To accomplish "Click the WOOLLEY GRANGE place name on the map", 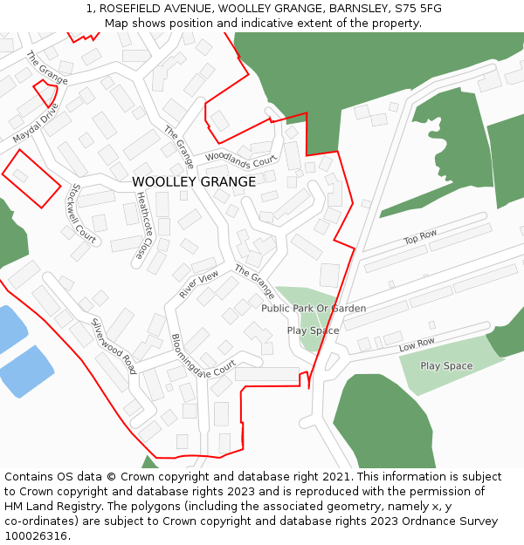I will point(194,182).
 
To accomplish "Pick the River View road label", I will point(199,285).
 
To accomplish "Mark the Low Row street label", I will point(417,345).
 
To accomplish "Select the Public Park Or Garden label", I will point(314,309).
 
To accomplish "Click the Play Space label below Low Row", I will point(446,366).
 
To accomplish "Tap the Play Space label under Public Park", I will point(313,331).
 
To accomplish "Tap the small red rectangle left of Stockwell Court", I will point(31,178).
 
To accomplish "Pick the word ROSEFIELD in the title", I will point(128,9).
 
